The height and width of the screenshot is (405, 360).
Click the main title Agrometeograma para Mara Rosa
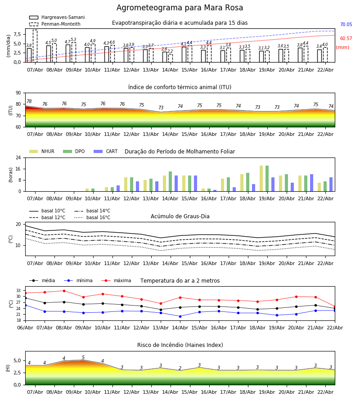[180, 8]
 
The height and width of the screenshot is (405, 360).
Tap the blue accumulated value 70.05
[346, 25]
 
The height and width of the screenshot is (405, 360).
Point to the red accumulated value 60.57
[346, 39]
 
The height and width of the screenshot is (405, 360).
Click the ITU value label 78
[29, 102]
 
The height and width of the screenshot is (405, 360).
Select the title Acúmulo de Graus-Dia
[180, 216]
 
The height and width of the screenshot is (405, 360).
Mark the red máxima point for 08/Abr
[64, 291]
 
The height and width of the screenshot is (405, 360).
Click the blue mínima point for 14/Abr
[180, 316]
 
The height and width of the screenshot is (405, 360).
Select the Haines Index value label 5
[83, 358]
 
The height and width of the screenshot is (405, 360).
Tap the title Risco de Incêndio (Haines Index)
[180, 345]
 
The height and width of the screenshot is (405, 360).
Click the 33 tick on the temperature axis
[19, 291]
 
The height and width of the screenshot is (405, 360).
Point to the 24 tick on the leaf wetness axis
[19, 158]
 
